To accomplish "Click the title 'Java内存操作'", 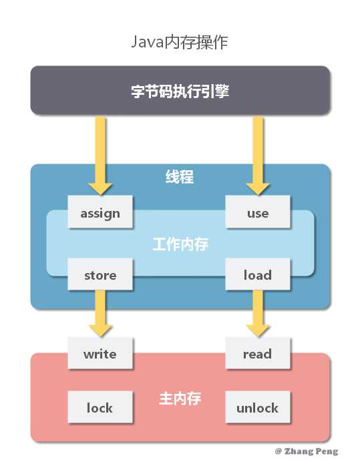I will click(180, 43).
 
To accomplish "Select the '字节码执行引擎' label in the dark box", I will click(180, 91).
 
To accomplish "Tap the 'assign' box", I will click(100, 213).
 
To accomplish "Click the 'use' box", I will click(257, 213).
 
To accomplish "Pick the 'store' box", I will click(100, 275).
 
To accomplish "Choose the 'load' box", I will click(257, 275).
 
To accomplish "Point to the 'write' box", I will click(100, 354).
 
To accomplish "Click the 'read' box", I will click(257, 354).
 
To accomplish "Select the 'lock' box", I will click(100, 407).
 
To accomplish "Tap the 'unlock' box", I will click(257, 407).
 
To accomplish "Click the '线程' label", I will click(180, 178).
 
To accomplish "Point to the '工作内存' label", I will click(180, 244).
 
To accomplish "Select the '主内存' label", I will click(180, 399).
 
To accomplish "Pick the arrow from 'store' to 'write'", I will click(100, 314).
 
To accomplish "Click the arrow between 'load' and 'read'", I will click(257, 314).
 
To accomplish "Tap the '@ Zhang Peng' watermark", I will click(307, 451).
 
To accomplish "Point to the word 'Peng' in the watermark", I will click(326, 452).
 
